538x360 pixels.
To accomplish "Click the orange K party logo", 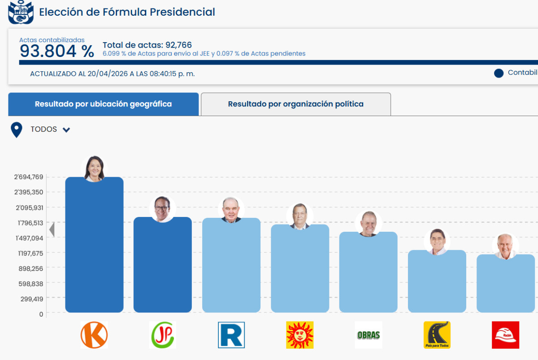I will (94, 335).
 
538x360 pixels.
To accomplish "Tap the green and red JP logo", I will (163, 335).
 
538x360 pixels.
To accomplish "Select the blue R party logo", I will (231, 335).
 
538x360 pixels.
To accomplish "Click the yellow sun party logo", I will (300, 335).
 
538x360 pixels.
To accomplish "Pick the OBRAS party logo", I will (369, 335).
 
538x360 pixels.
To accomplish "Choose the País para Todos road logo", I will (437, 335).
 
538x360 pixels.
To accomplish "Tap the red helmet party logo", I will (505, 335).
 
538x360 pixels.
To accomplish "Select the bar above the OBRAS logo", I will (369, 273).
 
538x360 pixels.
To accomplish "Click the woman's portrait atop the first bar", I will (95, 168).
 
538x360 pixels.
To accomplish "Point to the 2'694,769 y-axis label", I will (29, 177).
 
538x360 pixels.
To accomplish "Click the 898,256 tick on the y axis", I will (31, 269).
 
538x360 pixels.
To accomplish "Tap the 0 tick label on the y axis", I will (41, 314).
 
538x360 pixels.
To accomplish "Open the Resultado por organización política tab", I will (296, 104).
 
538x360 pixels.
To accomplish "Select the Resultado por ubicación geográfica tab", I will (103, 104).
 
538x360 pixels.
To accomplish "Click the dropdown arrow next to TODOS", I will (66, 130).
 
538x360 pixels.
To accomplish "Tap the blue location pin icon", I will (17, 130).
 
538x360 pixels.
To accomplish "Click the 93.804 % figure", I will (56, 52).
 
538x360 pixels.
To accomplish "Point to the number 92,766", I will (178, 45).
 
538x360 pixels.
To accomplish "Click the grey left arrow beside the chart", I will (52, 230).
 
